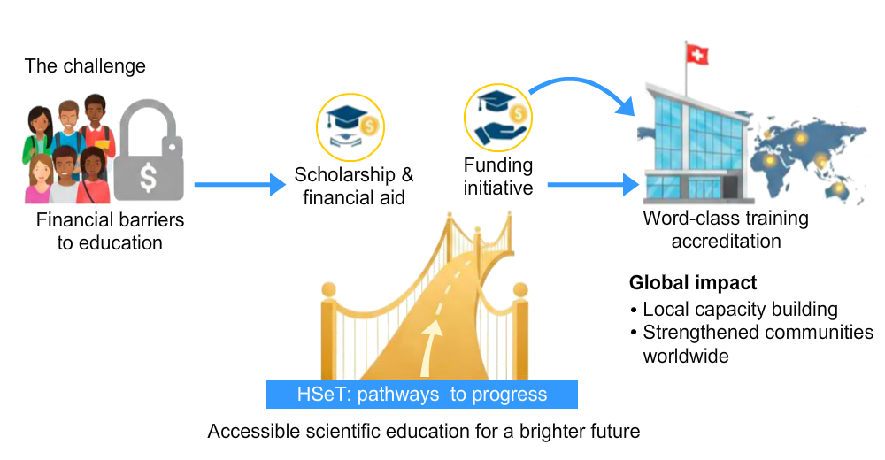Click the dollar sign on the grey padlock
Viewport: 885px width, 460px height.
point(148,178)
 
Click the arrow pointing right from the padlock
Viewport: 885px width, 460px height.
point(240,184)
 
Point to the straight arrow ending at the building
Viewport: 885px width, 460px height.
point(593,185)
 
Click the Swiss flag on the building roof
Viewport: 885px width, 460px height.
point(697,56)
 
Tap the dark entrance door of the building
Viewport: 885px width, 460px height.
point(707,189)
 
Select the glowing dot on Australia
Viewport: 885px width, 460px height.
point(838,188)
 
